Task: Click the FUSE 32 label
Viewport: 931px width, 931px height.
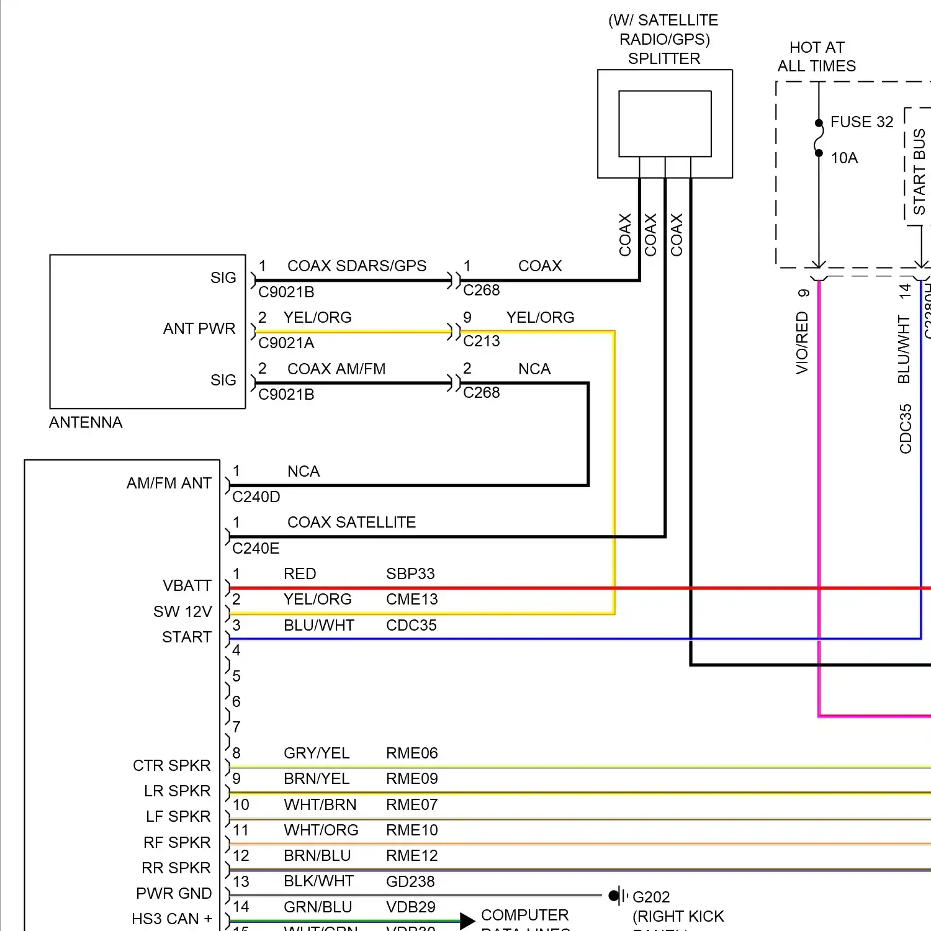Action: pos(861,122)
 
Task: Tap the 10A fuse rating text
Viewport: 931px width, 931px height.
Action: pos(844,158)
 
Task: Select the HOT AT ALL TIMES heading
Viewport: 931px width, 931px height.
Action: pos(817,56)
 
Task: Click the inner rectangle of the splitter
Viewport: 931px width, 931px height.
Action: pos(665,124)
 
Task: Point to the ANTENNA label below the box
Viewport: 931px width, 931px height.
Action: pos(86,422)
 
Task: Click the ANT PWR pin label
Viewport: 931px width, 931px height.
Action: pos(199,328)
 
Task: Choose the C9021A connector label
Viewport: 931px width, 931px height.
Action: pos(286,343)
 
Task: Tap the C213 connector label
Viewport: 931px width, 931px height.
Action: pos(482,341)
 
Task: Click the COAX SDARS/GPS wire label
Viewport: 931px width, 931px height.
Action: pos(357,266)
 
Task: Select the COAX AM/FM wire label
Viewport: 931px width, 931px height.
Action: pos(336,369)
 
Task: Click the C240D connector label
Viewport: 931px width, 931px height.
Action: pos(256,497)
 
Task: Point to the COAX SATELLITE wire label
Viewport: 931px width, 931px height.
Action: pos(351,522)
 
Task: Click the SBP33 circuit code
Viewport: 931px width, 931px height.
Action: pos(410,573)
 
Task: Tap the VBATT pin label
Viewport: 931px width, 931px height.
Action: pos(187,585)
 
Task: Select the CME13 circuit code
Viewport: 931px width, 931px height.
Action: pos(412,599)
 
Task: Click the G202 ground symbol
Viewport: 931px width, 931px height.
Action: pos(617,896)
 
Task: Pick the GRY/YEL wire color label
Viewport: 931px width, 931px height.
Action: pos(317,753)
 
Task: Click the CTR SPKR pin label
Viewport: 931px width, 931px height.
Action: pos(172,765)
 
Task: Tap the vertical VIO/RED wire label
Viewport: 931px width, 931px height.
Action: pos(802,343)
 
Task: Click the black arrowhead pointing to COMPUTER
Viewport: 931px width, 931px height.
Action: pos(467,921)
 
